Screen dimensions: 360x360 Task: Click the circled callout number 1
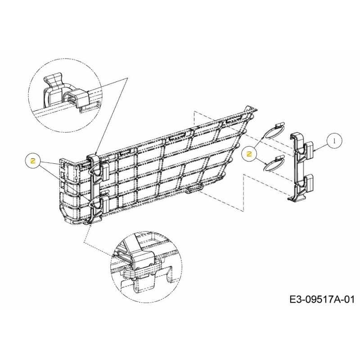coord(334,141)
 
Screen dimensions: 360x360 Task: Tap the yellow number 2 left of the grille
coord(33,162)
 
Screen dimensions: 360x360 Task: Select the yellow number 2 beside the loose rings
coord(249,154)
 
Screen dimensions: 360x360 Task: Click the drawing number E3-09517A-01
coord(322,300)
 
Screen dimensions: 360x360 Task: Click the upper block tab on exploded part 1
coord(309,149)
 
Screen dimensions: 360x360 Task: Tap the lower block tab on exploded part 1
coord(309,183)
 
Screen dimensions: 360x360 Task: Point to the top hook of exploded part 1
coord(295,137)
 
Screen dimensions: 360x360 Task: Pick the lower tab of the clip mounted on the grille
coord(105,204)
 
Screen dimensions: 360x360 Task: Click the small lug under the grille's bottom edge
coord(194,189)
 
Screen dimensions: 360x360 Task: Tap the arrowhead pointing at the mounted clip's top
coord(96,153)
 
